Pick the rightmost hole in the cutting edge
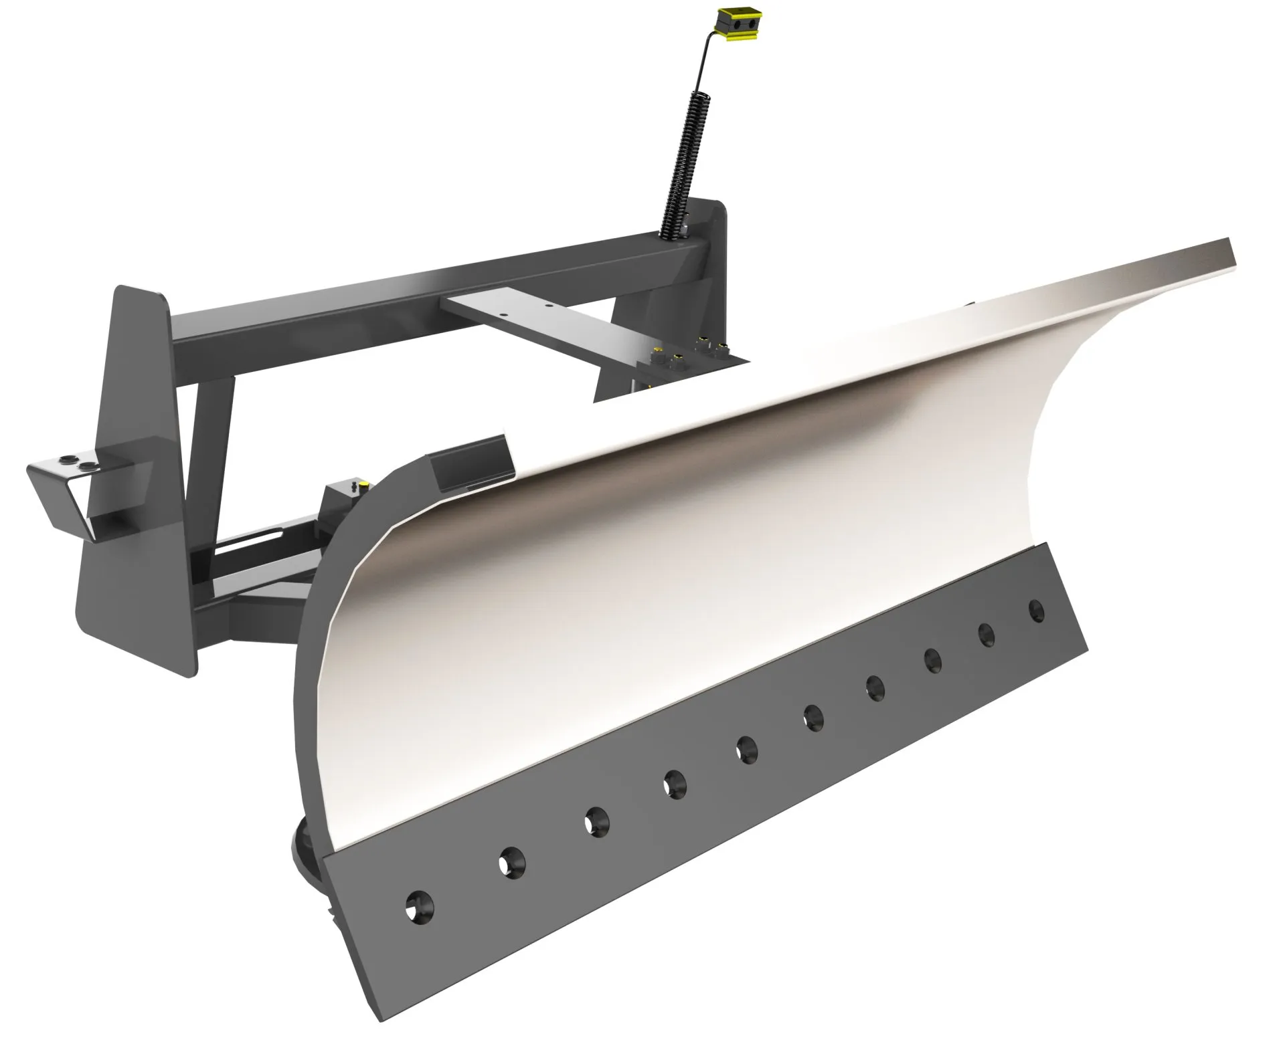point(1037,610)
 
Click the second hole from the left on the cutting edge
point(512,861)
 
